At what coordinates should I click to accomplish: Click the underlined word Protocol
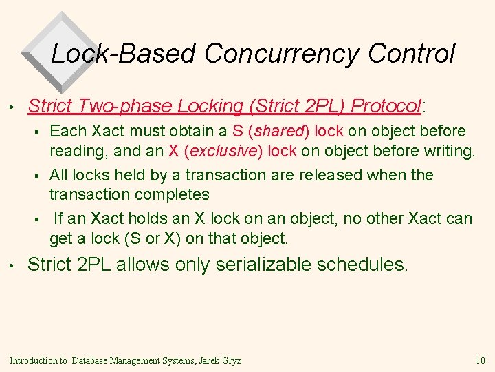point(388,106)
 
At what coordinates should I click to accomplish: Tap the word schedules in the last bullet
point(365,265)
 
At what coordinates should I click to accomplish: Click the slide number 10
point(480,360)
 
